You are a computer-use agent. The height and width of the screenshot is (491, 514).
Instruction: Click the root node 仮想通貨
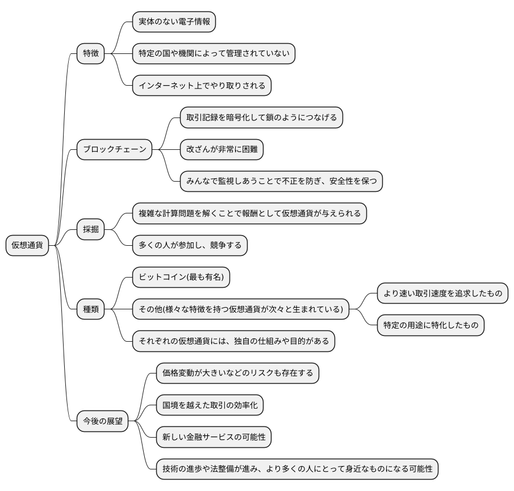click(x=27, y=245)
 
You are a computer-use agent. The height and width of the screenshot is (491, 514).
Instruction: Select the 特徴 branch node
click(x=91, y=53)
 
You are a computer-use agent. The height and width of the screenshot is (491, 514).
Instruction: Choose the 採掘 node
click(x=91, y=229)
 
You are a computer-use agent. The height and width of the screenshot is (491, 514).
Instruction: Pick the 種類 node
click(x=91, y=309)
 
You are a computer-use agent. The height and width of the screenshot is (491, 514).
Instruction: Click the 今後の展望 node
click(x=103, y=421)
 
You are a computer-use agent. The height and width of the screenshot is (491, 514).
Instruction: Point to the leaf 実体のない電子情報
click(x=174, y=22)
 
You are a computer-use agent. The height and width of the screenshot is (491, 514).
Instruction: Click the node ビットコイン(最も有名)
click(x=181, y=277)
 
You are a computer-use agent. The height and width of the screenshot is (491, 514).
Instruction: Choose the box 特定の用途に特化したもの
click(x=431, y=325)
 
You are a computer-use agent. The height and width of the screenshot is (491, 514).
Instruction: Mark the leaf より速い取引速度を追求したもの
click(x=442, y=293)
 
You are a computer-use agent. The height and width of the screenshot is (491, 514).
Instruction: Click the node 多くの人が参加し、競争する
click(x=190, y=245)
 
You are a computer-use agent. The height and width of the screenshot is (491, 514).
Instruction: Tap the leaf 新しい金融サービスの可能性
click(x=214, y=437)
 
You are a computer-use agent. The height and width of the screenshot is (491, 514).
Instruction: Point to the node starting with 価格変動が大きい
click(x=237, y=374)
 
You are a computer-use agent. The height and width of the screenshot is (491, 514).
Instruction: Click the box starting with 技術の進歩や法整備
click(x=297, y=469)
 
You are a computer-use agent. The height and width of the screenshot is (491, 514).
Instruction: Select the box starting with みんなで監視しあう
click(x=281, y=182)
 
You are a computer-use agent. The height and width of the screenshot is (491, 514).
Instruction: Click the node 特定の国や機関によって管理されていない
click(x=214, y=53)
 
